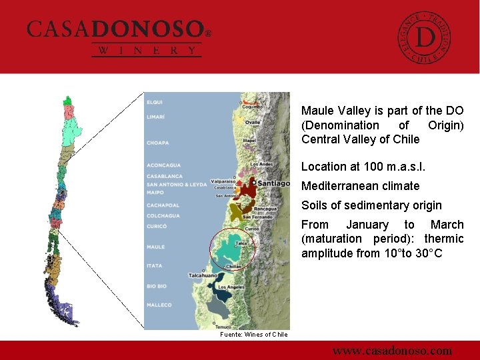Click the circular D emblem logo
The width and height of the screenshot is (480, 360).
tap(424, 37)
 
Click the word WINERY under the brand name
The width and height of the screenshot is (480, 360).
tap(147, 51)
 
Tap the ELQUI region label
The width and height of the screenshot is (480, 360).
tap(155, 102)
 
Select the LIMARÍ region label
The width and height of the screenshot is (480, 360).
tap(155, 117)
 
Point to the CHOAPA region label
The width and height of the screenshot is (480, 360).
tap(158, 143)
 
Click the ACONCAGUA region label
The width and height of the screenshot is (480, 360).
tap(163, 165)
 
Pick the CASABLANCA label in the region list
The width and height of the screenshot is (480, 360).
tap(164, 177)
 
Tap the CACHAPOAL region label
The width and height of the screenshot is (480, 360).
tap(163, 205)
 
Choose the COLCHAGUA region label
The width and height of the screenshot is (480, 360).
tap(163, 215)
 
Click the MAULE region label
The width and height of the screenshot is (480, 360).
tap(155, 247)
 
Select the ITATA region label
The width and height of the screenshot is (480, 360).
tap(155, 266)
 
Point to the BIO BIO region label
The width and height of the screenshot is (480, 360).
tap(157, 286)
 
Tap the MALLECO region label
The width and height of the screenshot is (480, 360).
tap(159, 305)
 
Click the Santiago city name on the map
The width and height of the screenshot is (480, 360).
tap(273, 183)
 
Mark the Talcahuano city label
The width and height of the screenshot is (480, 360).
tap(204, 275)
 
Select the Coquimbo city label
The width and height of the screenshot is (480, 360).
tap(252, 107)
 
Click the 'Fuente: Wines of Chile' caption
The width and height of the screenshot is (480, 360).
tap(254, 335)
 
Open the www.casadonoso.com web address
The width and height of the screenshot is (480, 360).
tap(392, 351)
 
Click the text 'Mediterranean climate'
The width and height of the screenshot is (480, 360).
tap(360, 186)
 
